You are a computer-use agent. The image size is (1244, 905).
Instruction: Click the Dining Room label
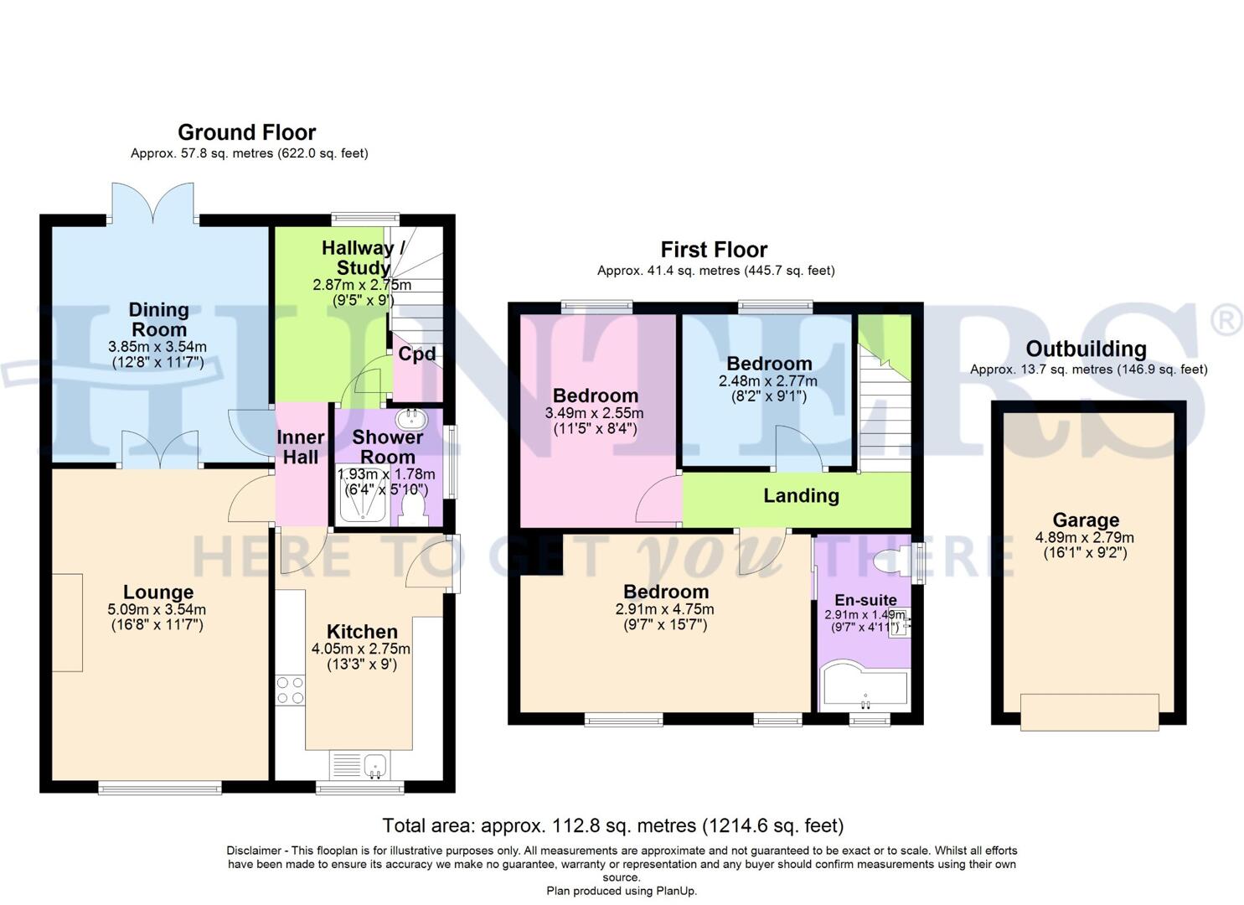(158, 319)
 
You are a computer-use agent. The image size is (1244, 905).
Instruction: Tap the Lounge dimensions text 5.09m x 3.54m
(157, 610)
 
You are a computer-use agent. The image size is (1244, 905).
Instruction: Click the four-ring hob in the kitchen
(290, 690)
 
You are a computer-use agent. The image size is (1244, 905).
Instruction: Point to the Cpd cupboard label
(416, 354)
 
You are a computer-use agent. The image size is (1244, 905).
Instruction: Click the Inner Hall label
(300, 447)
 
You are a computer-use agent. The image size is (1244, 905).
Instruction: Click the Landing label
(801, 495)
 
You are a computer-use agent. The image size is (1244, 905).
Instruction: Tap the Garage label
(1086, 520)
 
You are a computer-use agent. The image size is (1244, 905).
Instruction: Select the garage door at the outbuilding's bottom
(1089, 711)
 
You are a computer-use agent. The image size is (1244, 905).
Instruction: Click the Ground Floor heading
(246, 132)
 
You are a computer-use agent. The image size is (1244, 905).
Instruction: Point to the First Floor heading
(714, 250)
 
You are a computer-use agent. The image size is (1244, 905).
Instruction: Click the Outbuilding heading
(1086, 349)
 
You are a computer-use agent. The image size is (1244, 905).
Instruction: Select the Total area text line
(612, 825)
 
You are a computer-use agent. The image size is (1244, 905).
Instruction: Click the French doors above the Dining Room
(153, 204)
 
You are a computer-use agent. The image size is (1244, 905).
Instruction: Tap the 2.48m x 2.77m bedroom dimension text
(767, 381)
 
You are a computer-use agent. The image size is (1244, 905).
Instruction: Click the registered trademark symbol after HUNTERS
(1226, 321)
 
